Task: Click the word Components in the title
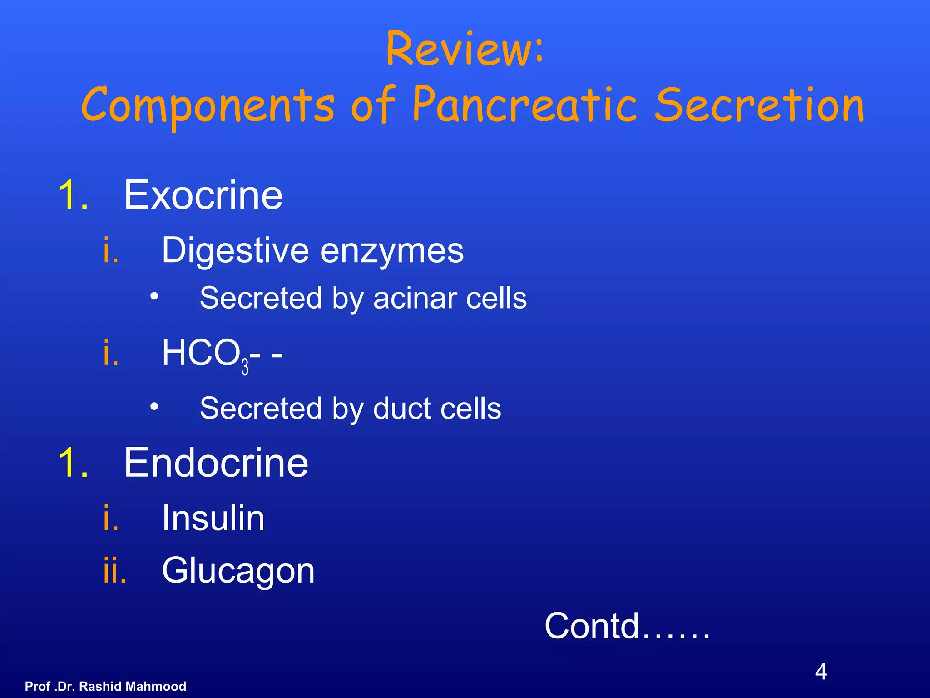(208, 107)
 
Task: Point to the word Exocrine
(203, 195)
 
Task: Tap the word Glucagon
(238, 571)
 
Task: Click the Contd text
(627, 626)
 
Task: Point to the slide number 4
(821, 672)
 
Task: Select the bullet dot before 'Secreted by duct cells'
(155, 407)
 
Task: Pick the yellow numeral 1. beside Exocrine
(73, 195)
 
